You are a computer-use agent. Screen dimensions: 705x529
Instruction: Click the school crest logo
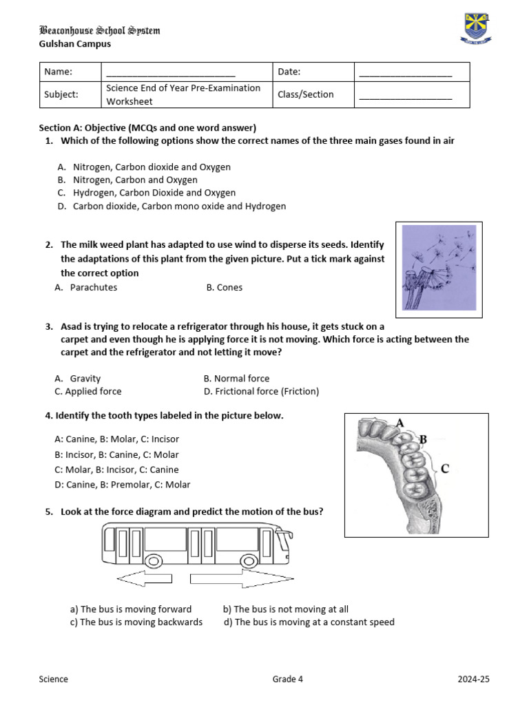476,27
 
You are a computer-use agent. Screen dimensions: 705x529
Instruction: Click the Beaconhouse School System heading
100,31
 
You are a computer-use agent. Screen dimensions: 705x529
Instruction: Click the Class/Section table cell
306,94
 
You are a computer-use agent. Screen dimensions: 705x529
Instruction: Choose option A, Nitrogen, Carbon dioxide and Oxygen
152,167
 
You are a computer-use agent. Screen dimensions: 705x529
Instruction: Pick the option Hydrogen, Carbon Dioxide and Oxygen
154,193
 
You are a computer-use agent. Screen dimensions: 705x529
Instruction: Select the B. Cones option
225,287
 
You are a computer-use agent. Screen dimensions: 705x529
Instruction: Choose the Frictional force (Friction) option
262,391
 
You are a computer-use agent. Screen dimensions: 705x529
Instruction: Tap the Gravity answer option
85,378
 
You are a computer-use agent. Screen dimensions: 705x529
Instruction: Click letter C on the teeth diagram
444,469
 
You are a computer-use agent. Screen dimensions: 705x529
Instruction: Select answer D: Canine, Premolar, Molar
122,485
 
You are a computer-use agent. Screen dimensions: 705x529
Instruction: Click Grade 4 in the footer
287,679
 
